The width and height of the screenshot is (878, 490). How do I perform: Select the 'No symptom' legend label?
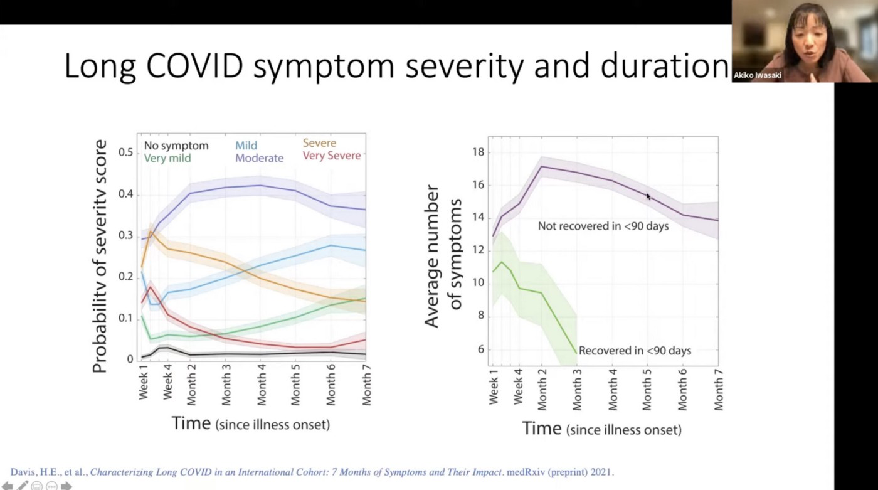click(x=176, y=146)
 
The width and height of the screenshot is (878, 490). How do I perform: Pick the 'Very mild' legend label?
click(x=167, y=158)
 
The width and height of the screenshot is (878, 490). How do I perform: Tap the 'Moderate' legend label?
click(x=259, y=158)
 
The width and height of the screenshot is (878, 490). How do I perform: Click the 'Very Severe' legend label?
click(x=332, y=156)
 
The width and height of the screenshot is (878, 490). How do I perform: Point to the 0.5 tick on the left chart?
click(x=125, y=152)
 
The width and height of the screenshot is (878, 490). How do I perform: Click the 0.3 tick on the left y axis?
click(x=125, y=235)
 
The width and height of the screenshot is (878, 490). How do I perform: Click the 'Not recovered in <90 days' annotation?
click(x=603, y=226)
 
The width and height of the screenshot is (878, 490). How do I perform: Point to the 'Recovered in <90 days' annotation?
click(x=635, y=351)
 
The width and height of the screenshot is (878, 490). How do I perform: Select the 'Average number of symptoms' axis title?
click(x=442, y=255)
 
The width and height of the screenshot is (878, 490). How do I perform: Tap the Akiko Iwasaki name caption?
click(x=758, y=75)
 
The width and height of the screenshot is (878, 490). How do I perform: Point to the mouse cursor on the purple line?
click(x=648, y=196)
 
